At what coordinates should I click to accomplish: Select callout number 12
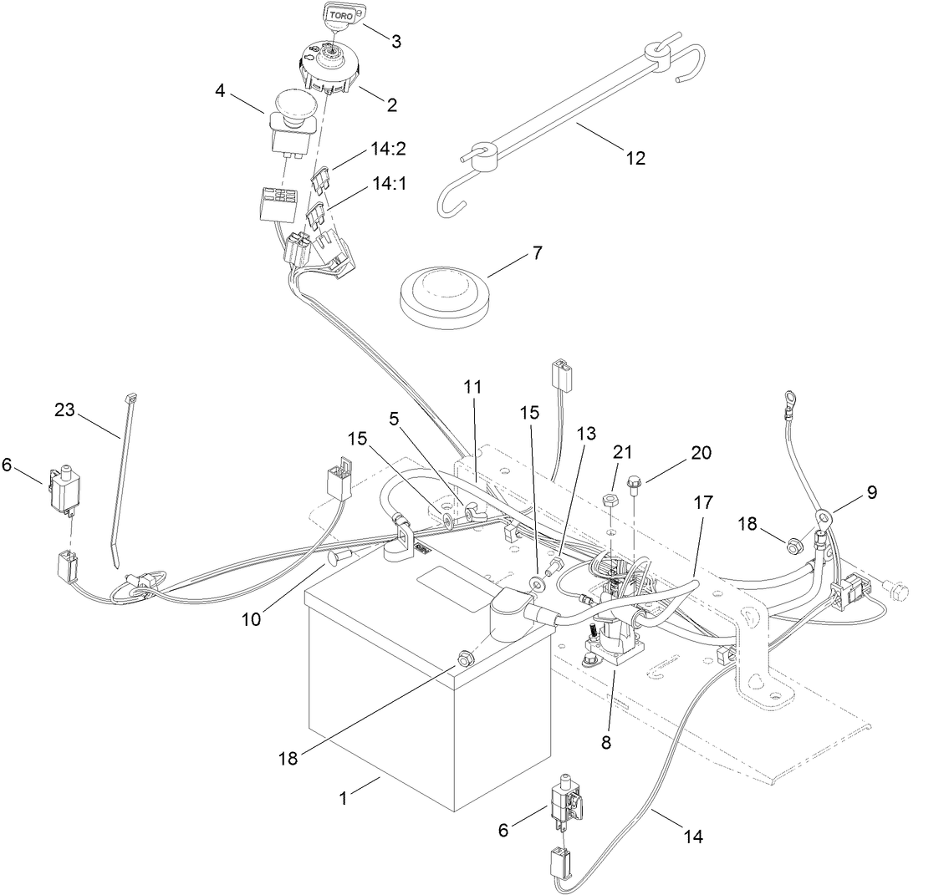pos(635,157)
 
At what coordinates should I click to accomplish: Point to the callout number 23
pos(64,410)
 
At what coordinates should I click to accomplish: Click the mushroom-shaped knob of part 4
pos(293,106)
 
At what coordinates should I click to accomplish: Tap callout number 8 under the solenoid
pos(606,740)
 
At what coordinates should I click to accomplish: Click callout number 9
pos(871,492)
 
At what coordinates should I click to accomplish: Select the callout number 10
pos(252,619)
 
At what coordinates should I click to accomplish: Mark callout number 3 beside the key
pos(396,40)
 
